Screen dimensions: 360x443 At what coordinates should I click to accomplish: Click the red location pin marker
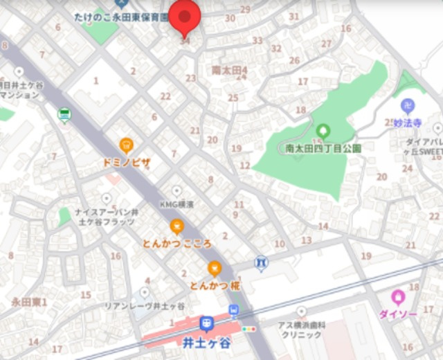[x=184, y=17]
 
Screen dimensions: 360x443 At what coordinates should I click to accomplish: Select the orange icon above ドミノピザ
[x=126, y=145]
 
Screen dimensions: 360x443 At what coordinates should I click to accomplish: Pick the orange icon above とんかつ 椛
[x=215, y=268]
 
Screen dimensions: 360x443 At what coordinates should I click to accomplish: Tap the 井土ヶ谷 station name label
[x=206, y=341]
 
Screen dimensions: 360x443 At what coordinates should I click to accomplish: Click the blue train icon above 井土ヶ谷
[x=206, y=324]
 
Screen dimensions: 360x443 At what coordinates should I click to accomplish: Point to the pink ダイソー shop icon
[x=398, y=297]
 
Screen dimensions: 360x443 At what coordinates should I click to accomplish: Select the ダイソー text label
[x=397, y=314]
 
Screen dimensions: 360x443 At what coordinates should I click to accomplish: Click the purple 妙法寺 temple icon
[x=408, y=106]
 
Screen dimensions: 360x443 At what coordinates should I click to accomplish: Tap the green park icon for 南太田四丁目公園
[x=323, y=130]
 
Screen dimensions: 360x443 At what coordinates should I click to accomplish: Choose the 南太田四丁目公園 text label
[x=323, y=147]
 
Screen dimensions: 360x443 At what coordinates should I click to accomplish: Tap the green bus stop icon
[x=64, y=114]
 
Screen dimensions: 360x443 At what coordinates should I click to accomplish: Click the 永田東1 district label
[x=29, y=302]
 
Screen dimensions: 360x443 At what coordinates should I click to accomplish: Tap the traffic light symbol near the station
[x=248, y=329]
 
